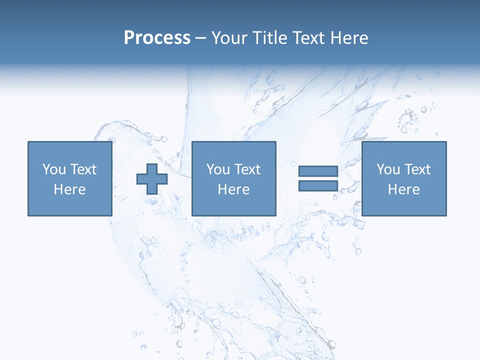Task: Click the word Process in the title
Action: click(157, 38)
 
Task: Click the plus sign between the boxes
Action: click(152, 179)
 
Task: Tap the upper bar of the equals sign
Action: click(318, 171)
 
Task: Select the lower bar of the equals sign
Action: click(318, 186)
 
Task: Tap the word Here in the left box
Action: click(69, 189)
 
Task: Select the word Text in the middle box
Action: click(247, 169)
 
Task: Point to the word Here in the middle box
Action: click(233, 189)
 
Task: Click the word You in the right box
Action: click(388, 169)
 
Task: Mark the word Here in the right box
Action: click(403, 189)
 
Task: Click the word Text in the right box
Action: click(417, 169)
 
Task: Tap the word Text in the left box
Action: click(83, 169)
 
